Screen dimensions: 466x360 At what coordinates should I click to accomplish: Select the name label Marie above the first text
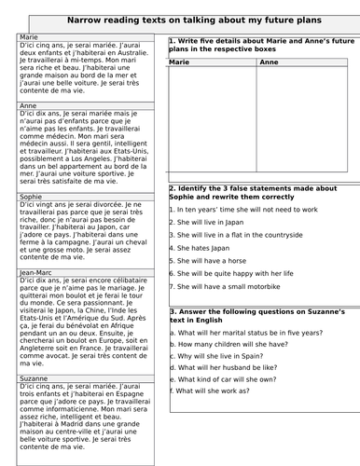click(x=29, y=36)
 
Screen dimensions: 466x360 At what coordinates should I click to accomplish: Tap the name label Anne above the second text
click(x=29, y=105)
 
